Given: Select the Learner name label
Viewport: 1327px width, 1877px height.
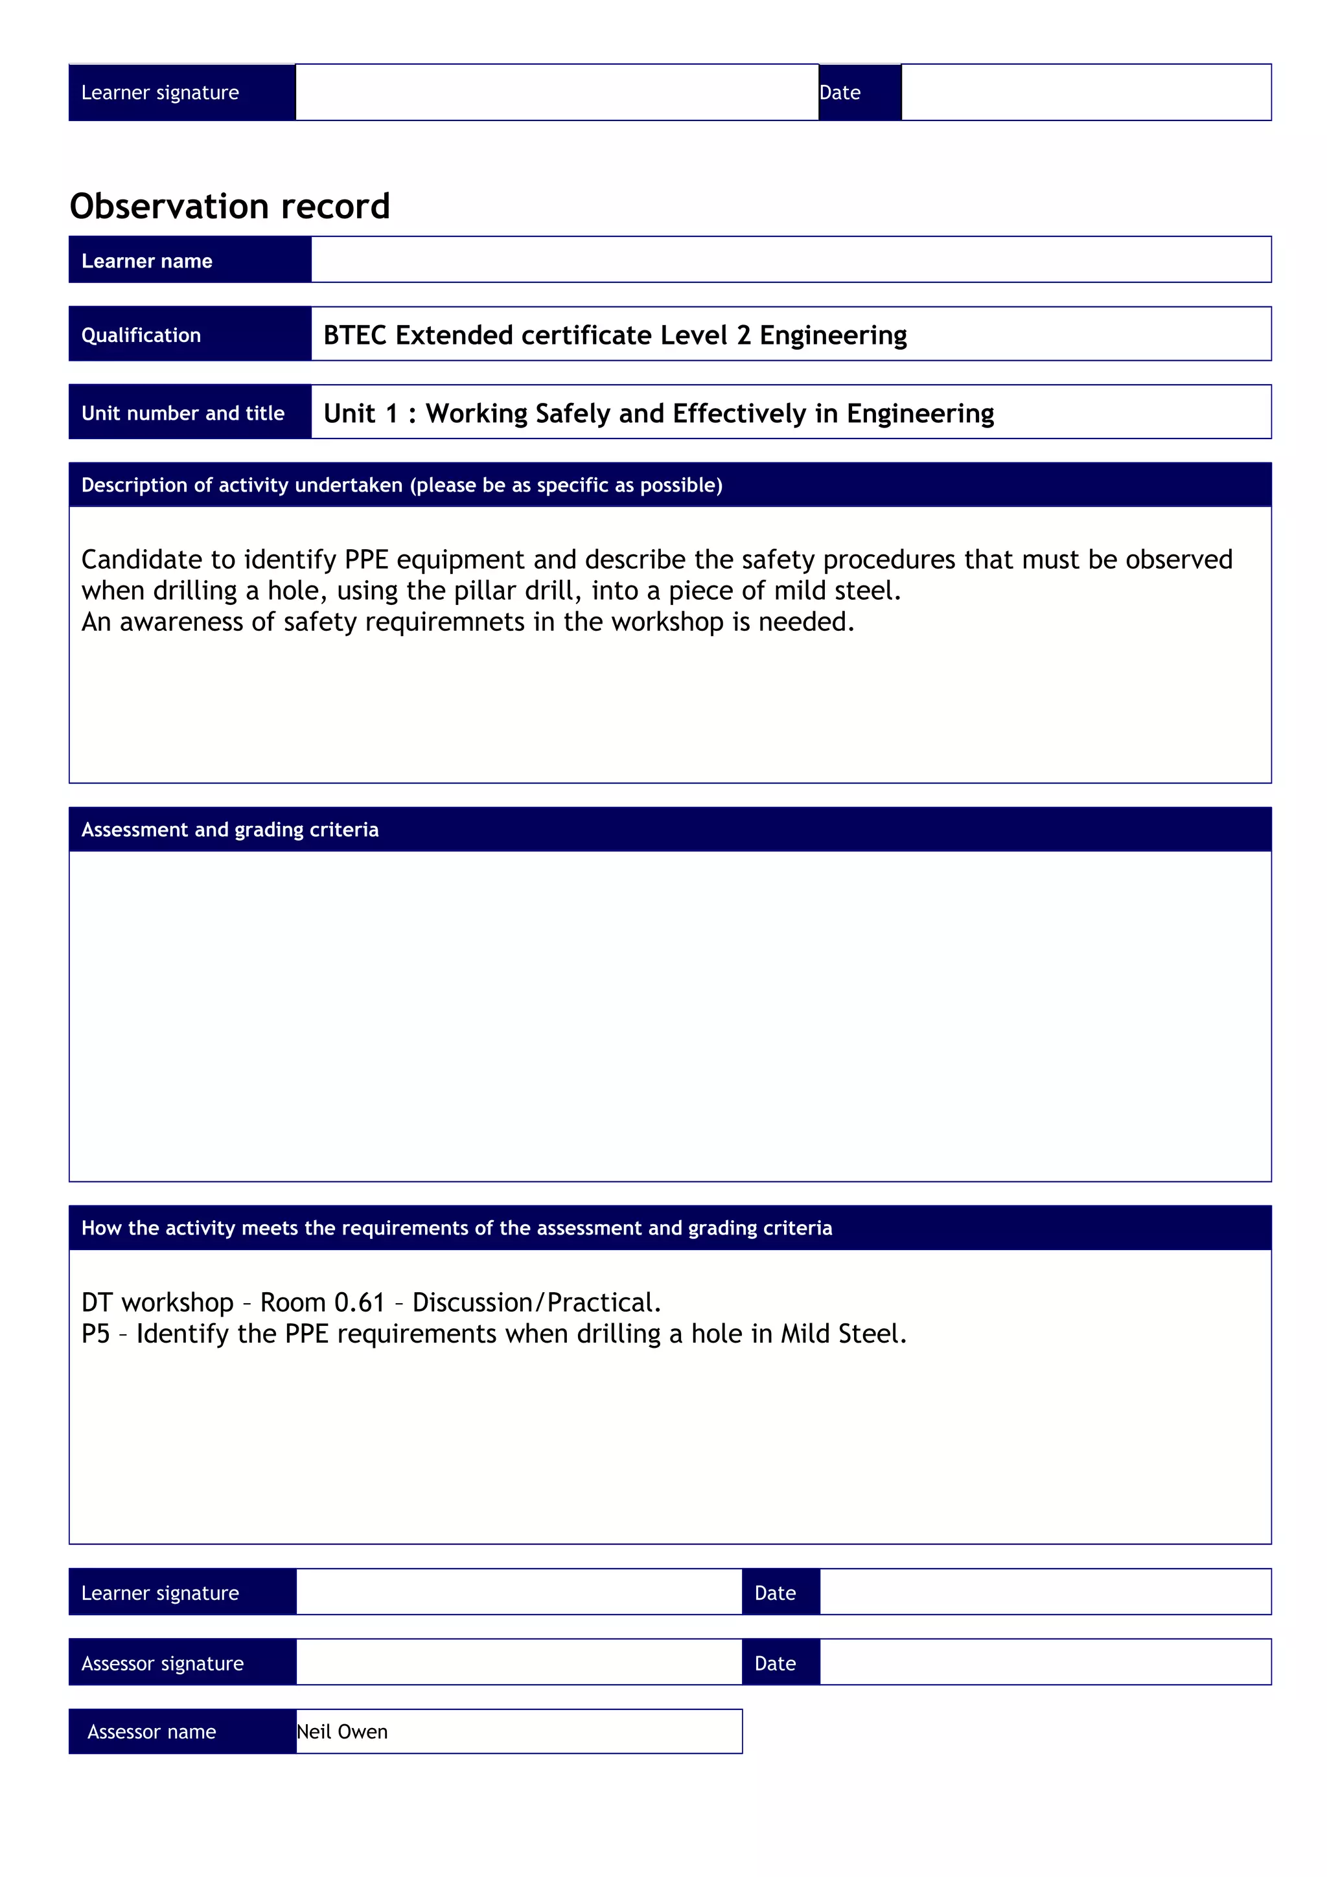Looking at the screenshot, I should pos(146,261).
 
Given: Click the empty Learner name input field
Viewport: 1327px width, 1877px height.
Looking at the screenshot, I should pos(790,260).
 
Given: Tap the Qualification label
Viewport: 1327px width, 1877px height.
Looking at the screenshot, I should pos(141,336).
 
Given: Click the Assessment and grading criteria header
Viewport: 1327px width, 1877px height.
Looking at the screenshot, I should pos(230,830).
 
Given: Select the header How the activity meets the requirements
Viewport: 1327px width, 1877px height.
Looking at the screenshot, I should pos(456,1228).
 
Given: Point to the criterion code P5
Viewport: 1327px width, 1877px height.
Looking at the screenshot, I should pos(96,1334).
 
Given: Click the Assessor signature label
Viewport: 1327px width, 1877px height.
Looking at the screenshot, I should pos(162,1664).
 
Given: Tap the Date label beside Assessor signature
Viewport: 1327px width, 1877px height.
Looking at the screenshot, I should pos(774,1664).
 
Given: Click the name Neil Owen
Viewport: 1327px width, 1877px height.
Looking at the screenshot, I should pos(341,1731).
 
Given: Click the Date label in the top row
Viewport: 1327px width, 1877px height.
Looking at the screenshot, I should pos(840,93).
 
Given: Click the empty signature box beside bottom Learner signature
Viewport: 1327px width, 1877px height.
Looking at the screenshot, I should pos(518,1593).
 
